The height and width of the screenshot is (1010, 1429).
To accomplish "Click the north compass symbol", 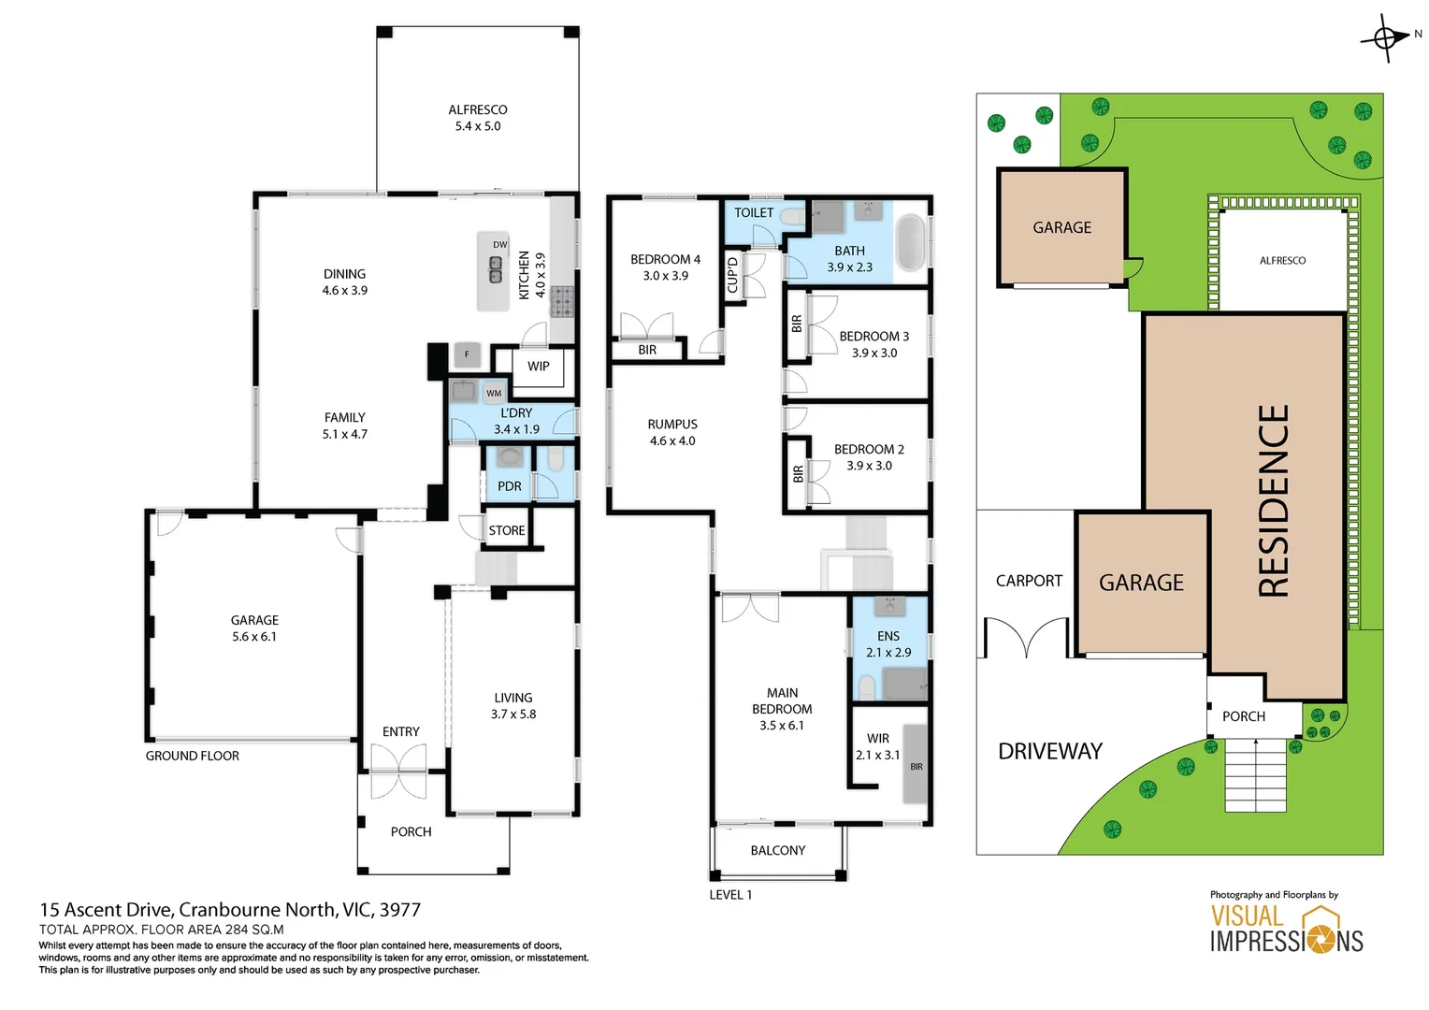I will pyautogui.click(x=1385, y=38).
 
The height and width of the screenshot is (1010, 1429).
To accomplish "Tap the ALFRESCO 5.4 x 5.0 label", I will pyautogui.click(x=478, y=118).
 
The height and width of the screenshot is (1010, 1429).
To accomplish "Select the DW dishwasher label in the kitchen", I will pyautogui.click(x=499, y=245).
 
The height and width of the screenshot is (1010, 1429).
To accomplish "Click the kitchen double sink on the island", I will pyautogui.click(x=495, y=269).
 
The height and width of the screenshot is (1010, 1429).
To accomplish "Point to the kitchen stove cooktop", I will pyautogui.click(x=562, y=303).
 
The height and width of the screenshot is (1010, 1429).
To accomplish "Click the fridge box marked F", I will pyautogui.click(x=467, y=354).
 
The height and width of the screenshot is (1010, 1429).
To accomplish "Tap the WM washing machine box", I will pyautogui.click(x=494, y=393).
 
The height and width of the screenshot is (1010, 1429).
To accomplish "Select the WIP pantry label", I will pyautogui.click(x=539, y=367).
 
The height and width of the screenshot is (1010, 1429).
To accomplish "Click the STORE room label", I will pyautogui.click(x=507, y=530).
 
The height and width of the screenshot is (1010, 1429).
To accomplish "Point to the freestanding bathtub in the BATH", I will pyautogui.click(x=910, y=242).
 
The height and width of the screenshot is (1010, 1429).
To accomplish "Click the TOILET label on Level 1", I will pyautogui.click(x=753, y=213).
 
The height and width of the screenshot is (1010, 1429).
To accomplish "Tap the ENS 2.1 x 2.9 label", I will pyautogui.click(x=888, y=644).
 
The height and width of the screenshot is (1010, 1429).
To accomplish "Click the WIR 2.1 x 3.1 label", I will pyautogui.click(x=877, y=746).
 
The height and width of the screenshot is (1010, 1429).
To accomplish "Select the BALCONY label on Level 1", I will pyautogui.click(x=777, y=850).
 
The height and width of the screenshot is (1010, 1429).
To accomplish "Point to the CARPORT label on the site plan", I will pyautogui.click(x=1029, y=581).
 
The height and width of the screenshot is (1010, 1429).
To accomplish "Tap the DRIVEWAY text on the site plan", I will pyautogui.click(x=1050, y=751).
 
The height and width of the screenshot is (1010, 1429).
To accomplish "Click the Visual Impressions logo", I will pyautogui.click(x=1286, y=929).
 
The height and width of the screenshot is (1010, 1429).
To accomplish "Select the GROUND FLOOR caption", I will pyautogui.click(x=193, y=756).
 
